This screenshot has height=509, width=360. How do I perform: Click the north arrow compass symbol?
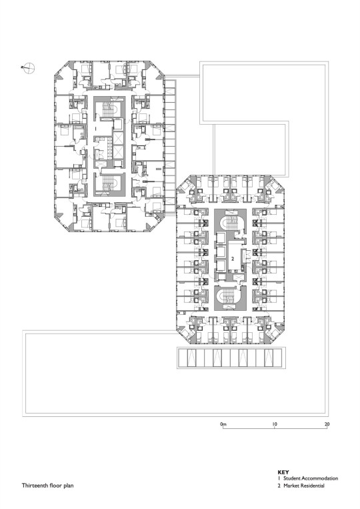(29, 68)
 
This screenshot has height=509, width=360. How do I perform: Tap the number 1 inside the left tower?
(96, 129)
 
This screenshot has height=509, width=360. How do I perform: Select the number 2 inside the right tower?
(233, 259)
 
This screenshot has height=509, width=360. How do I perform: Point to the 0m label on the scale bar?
(223, 424)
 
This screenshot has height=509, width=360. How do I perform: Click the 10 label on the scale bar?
(275, 424)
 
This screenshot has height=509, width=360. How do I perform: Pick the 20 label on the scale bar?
(327, 424)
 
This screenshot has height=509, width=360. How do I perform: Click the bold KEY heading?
(283, 472)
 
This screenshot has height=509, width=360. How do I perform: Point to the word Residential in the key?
(312, 486)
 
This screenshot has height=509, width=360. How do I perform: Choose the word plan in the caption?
(68, 486)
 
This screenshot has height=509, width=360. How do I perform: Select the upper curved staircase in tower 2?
(230, 223)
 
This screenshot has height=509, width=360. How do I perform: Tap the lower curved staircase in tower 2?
(230, 296)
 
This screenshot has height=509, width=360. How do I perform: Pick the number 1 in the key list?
(279, 478)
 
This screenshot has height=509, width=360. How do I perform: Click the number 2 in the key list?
(279, 486)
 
